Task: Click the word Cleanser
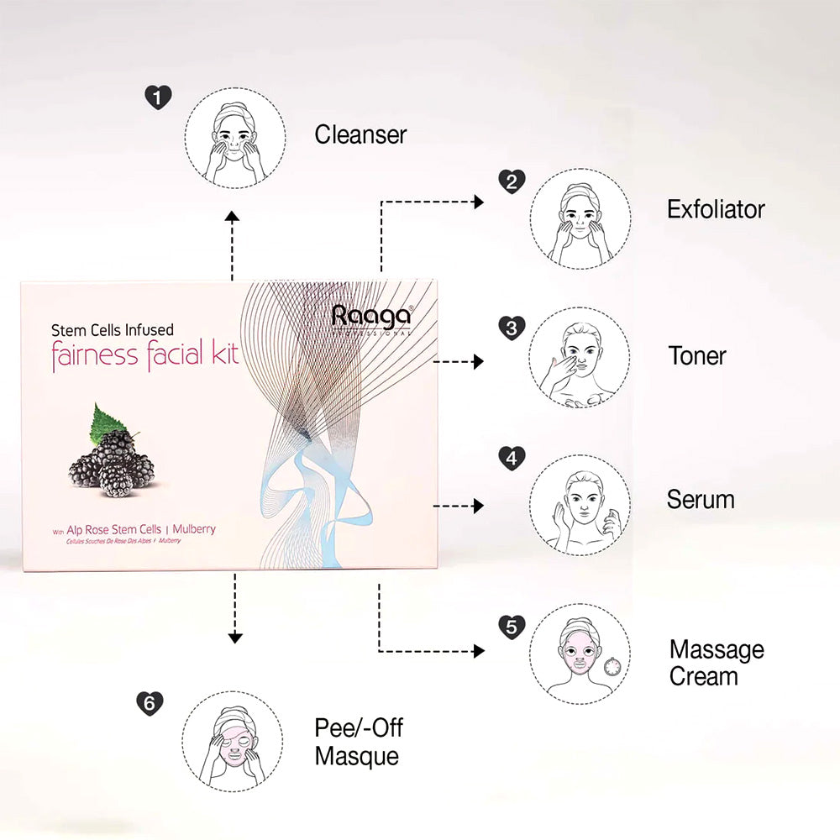point(360,134)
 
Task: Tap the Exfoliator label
point(716,209)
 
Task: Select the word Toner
point(697,355)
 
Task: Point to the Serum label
point(701,500)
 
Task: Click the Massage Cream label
point(717,663)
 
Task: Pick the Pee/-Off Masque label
point(359,741)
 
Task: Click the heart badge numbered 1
point(157,97)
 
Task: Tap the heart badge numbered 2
point(512,181)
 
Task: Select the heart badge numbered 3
point(512,328)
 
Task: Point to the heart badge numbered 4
point(512,459)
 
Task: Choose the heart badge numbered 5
point(512,626)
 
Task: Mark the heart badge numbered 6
point(150,703)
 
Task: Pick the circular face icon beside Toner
point(580,357)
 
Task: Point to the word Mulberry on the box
point(194,530)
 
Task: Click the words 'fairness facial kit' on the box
point(145,356)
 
